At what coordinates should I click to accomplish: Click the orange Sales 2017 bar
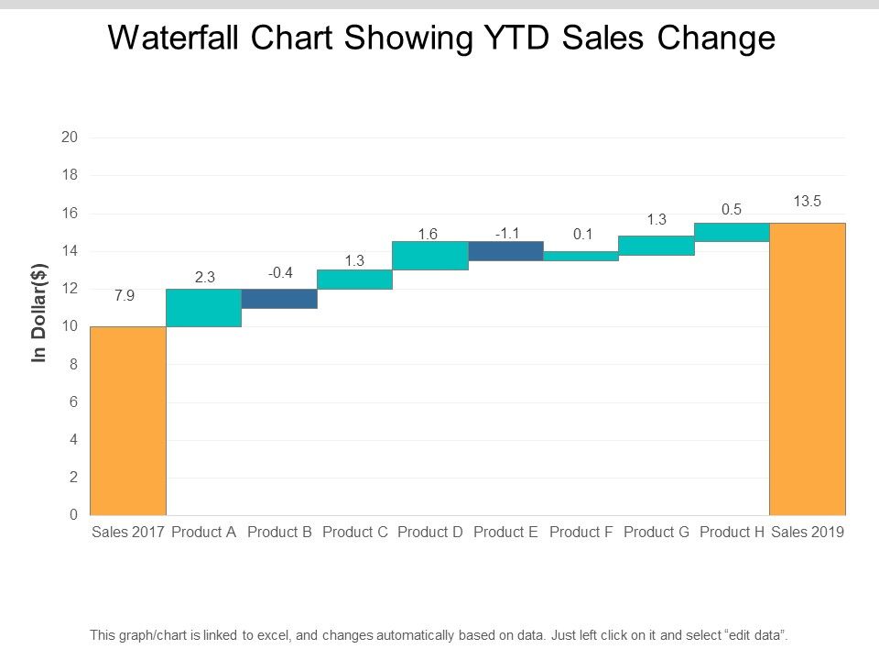pos(128,421)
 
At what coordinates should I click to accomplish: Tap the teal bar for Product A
pos(203,308)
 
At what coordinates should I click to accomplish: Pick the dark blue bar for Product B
pos(279,299)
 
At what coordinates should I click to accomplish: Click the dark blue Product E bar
pos(505,251)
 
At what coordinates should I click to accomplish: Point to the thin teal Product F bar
pos(581,257)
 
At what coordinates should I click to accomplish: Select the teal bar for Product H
pos(732,233)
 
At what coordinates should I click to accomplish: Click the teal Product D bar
pos(430,256)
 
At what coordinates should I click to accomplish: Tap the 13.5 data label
pos(807,202)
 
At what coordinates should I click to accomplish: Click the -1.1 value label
pos(507,234)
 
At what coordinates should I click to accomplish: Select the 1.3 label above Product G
pos(656,219)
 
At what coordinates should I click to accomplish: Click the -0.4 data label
pos(280,272)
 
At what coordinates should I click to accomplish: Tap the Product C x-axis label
pos(355,532)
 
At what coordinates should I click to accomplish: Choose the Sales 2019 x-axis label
pos(807,532)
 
